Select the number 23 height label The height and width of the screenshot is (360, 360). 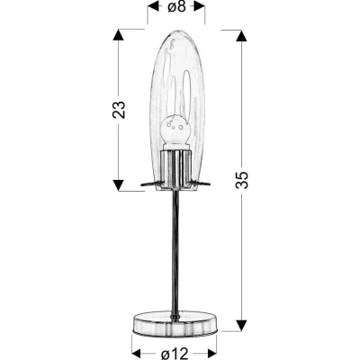(117, 109)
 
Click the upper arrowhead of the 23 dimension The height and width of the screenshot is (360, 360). (117, 36)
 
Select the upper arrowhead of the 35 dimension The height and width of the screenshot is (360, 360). (240, 36)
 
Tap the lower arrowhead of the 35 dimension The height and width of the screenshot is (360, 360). (240, 321)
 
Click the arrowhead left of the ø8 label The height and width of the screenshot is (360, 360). (150, 12)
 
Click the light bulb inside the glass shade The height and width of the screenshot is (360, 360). (175, 131)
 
